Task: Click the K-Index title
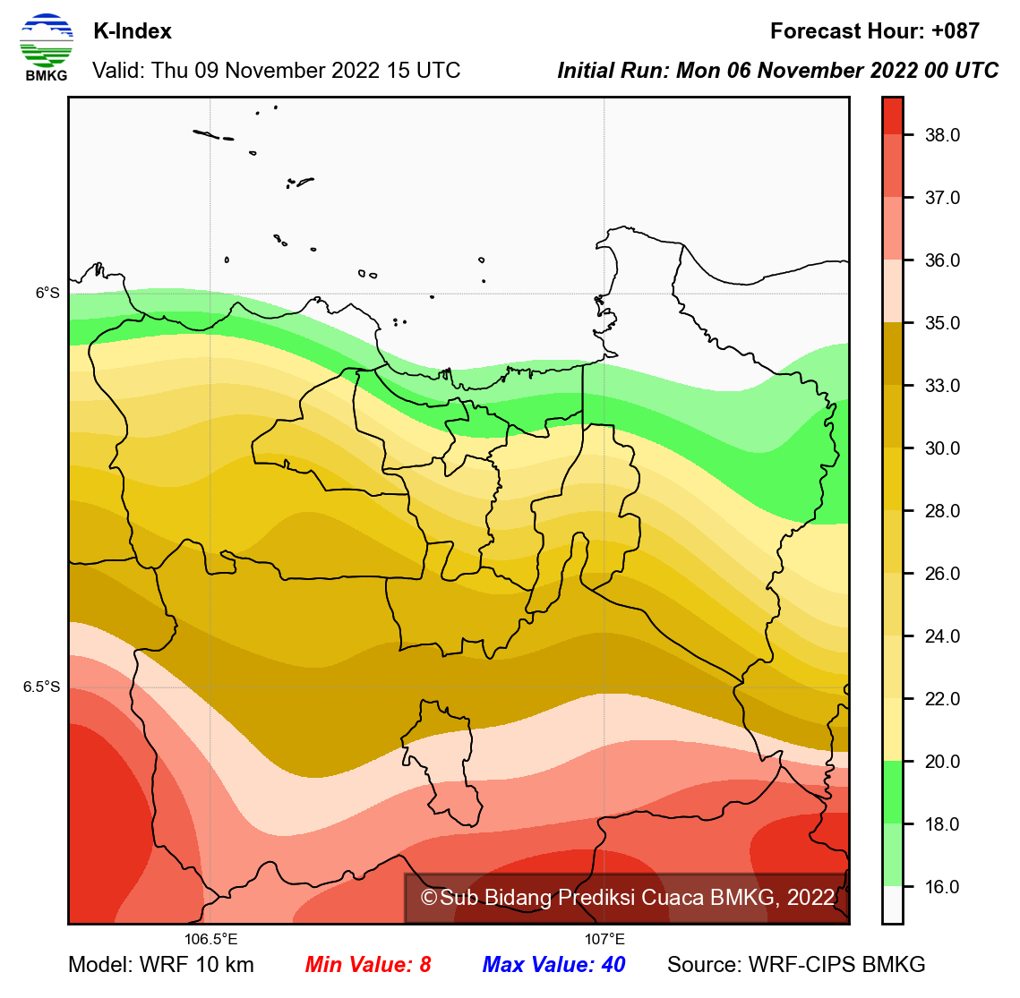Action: coord(133,31)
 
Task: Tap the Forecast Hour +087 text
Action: coord(874,31)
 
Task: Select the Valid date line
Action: coord(276,71)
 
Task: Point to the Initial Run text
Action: coord(777,71)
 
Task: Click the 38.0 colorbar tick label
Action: coord(942,135)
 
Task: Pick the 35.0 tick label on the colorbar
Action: coord(942,323)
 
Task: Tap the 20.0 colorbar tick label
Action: coord(942,762)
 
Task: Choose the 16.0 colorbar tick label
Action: coord(942,887)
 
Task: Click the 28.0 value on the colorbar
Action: coord(942,511)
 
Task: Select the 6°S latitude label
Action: coord(47,293)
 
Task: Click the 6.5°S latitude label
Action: coord(42,687)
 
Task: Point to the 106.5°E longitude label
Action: coord(211,940)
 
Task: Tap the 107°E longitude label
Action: coord(605,940)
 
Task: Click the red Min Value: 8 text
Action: coord(368,965)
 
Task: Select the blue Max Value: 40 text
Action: coord(553,965)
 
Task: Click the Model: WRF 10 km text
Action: coord(161,965)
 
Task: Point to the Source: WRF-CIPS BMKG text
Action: coord(796,965)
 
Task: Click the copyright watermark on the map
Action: coord(627,898)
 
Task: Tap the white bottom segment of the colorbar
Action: coord(892,904)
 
